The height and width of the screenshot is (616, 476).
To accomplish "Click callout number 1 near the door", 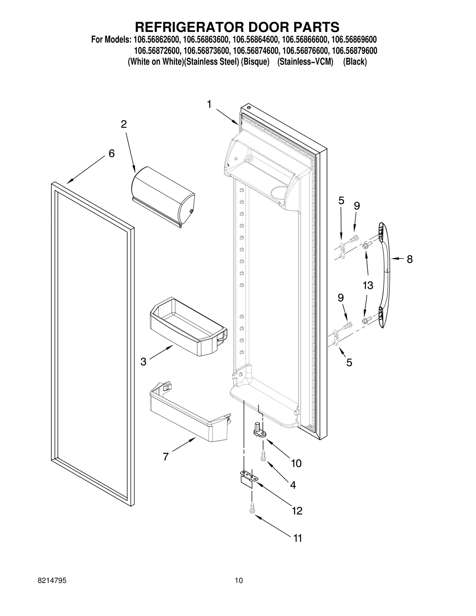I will pos(209,105).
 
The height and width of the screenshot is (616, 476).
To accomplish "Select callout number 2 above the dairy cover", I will pos(124,124).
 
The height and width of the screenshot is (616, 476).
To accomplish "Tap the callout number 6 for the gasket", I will pos(111,153).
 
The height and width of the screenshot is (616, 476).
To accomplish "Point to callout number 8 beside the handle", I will pos(410,259).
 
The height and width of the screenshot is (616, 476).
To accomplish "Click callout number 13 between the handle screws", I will pos(368,286).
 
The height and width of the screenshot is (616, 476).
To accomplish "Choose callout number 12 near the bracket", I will pos(297,511).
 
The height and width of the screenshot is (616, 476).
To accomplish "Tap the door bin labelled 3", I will pos(187,327).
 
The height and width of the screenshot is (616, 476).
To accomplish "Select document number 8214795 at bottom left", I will pos(52,589).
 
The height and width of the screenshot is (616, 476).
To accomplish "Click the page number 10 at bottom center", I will pos(239,589).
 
